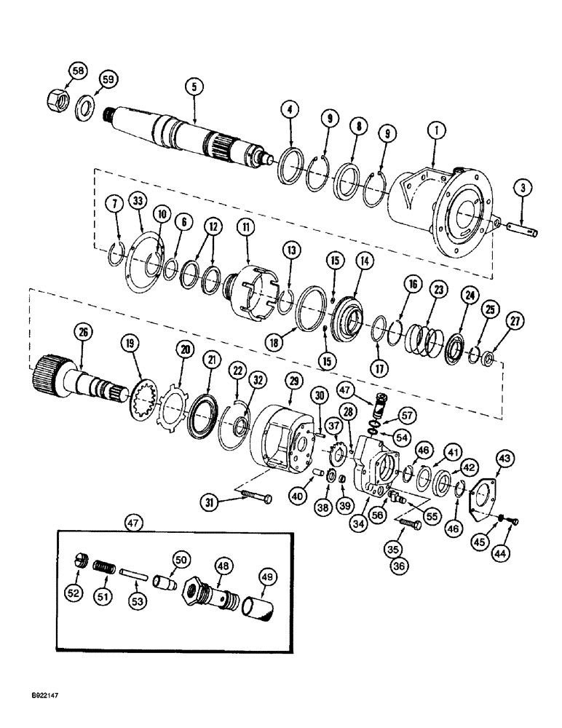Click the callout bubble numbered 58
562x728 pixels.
pos(77,71)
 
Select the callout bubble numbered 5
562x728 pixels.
pos(193,87)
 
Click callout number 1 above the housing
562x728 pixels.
pos(435,132)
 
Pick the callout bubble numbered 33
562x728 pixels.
pos(138,200)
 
